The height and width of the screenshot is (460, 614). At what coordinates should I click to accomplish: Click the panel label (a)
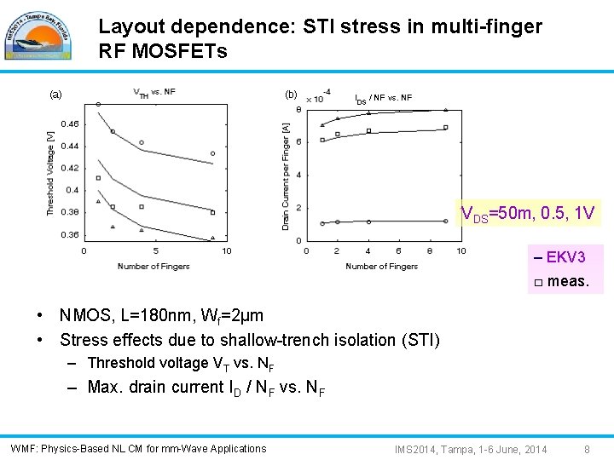55,95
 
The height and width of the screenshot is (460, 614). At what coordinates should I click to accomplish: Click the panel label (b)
291,95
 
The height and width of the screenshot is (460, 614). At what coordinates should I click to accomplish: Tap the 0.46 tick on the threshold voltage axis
68,124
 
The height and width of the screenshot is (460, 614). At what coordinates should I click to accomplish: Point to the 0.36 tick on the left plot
68,234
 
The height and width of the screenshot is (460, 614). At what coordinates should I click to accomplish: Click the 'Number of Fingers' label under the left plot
153,267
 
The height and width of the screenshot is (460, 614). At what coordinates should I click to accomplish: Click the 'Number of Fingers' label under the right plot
381,267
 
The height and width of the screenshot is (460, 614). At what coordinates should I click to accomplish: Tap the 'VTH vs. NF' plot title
154,92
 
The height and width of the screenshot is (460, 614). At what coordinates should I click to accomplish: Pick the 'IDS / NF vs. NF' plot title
383,99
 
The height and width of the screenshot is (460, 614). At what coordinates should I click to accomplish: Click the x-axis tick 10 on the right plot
461,251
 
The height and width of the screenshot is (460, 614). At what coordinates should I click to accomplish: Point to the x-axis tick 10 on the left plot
227,251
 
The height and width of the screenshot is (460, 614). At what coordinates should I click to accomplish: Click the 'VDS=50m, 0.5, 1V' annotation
527,214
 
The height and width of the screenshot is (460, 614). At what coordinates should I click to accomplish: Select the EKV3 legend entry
559,257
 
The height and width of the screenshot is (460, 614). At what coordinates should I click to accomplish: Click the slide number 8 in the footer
587,449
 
